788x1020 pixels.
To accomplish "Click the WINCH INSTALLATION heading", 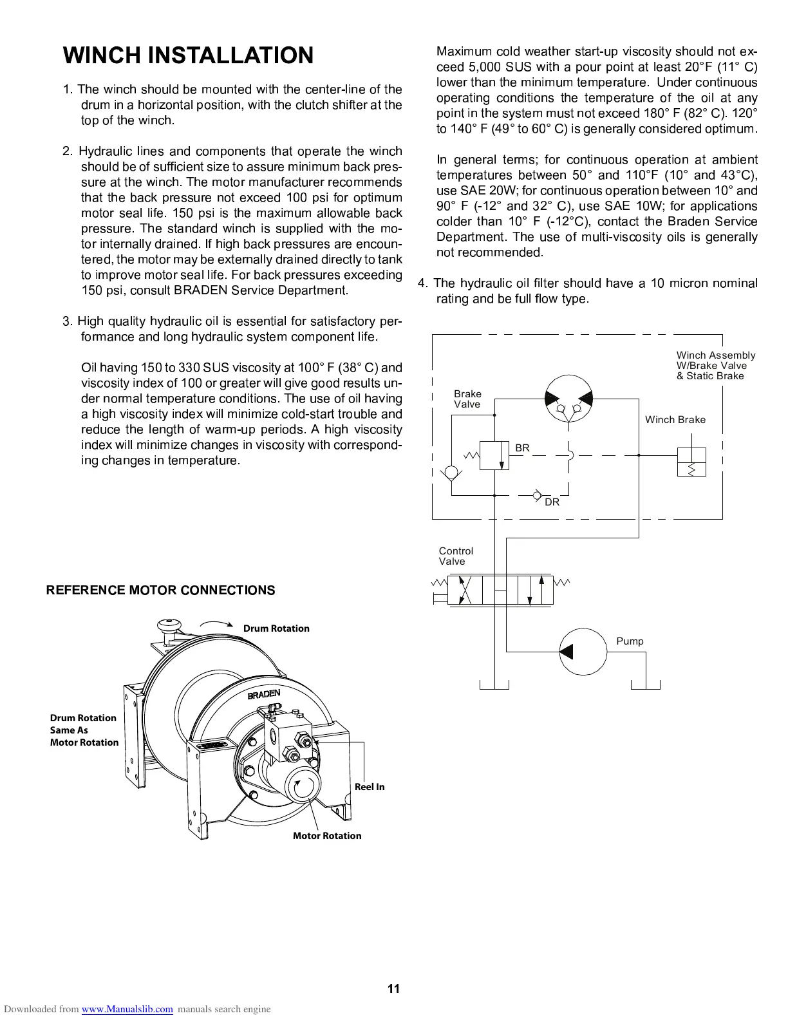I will [x=188, y=55].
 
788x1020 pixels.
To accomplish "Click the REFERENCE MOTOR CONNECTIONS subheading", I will [x=160, y=590].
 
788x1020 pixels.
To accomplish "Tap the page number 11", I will [x=393, y=989].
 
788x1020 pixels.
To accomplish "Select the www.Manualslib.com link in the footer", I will [x=127, y=1009].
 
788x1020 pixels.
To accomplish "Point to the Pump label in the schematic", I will [x=630, y=641].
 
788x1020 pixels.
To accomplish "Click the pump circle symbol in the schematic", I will [x=583, y=651].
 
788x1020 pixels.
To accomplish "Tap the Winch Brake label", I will [x=675, y=420].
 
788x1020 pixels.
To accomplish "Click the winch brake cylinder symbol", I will [x=691, y=462].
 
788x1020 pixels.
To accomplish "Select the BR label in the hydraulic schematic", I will [x=522, y=448].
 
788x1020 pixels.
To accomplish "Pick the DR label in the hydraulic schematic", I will [x=552, y=502].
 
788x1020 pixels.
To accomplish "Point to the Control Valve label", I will [x=456, y=556].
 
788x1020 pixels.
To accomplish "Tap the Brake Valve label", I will [x=467, y=399].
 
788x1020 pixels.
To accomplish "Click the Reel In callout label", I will [x=370, y=787].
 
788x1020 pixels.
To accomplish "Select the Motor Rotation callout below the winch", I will [x=327, y=836].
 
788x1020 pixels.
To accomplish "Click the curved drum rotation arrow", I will [x=216, y=625].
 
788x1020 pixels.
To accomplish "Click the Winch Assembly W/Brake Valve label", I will [x=715, y=365].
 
